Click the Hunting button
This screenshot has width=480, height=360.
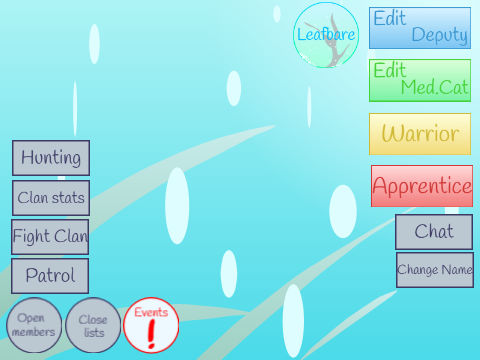point(51,158)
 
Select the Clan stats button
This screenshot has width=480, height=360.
point(51,198)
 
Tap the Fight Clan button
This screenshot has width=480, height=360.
point(50,237)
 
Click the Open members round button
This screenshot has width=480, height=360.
point(34,325)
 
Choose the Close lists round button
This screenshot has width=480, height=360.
point(93,325)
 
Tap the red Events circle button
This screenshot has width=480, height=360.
point(151,325)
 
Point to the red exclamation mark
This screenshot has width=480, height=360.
point(152,334)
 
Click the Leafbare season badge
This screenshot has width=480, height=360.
point(326,35)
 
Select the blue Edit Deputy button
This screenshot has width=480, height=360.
point(420,28)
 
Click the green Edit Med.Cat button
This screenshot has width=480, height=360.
point(420,80)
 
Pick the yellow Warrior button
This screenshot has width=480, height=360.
point(420,134)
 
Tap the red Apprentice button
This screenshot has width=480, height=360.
point(422,186)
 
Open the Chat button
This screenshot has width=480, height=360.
point(434,232)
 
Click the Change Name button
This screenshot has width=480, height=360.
point(435,270)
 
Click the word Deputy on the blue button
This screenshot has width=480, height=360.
point(440,35)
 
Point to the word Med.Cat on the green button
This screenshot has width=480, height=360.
point(435,87)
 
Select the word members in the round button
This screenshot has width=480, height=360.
point(34,332)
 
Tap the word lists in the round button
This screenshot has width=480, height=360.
point(94,332)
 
